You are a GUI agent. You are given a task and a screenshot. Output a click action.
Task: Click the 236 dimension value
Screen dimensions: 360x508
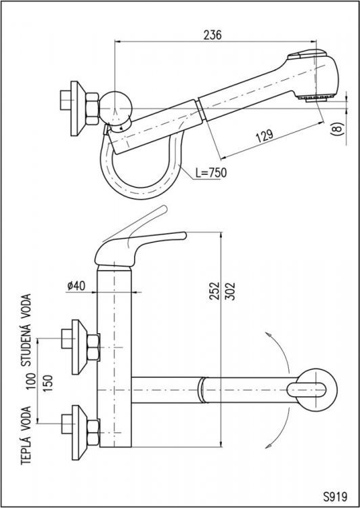pyautogui.click(x=212, y=35)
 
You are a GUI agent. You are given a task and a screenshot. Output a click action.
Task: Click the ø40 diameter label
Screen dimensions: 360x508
pyautogui.click(x=76, y=285)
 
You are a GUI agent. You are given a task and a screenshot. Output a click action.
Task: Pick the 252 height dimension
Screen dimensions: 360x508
pyautogui.click(x=215, y=291)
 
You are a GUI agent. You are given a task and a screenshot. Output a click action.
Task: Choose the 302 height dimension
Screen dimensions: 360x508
pyautogui.click(x=229, y=291)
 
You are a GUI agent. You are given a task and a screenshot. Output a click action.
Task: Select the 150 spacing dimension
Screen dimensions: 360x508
pyautogui.click(x=47, y=383)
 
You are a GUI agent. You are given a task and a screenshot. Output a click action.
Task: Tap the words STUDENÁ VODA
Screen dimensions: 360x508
pyautogui.click(x=26, y=330)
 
